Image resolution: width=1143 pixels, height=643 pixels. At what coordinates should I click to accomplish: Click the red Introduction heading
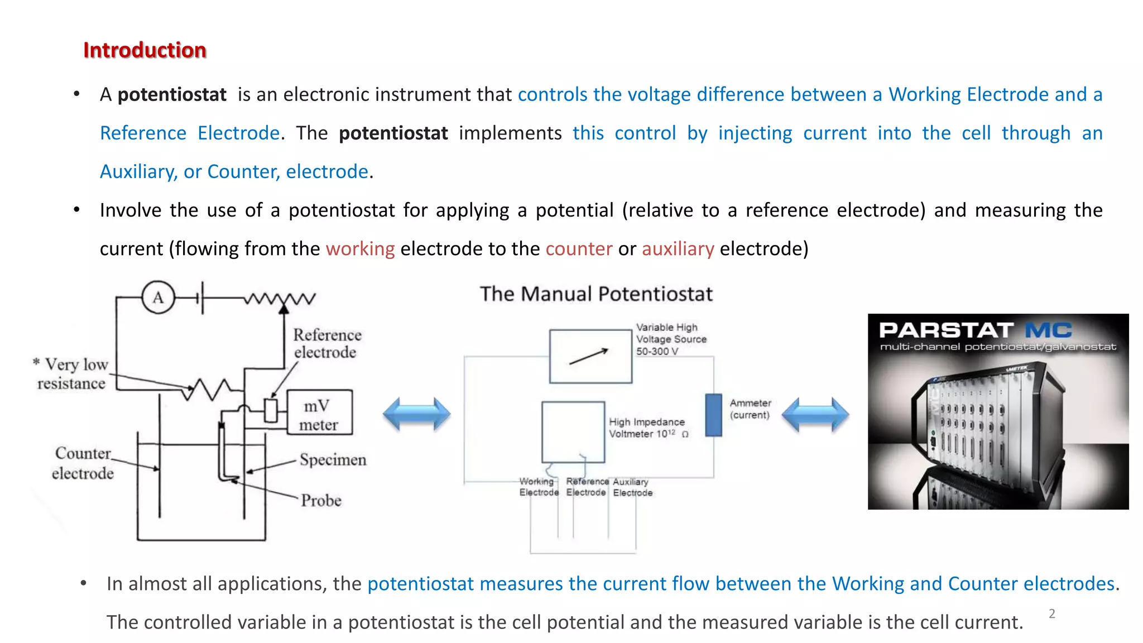click(145, 50)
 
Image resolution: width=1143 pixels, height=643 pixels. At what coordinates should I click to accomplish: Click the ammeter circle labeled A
click(158, 297)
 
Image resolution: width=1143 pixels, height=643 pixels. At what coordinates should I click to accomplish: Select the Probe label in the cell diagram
click(321, 500)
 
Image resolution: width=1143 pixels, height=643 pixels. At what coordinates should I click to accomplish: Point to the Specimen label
click(333, 459)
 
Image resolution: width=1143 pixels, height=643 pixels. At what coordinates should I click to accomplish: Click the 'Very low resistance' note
click(71, 373)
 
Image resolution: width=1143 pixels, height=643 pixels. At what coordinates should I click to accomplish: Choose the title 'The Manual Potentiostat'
click(596, 294)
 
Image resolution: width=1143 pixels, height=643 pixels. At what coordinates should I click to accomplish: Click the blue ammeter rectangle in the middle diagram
click(713, 415)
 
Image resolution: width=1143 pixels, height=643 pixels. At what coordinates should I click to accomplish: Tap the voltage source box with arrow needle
click(590, 356)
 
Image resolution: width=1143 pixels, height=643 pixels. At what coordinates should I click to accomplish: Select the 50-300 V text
click(657, 352)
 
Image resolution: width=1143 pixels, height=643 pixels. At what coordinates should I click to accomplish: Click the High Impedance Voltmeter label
click(647, 428)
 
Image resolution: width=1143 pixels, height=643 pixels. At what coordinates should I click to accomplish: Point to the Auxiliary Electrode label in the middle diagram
click(632, 487)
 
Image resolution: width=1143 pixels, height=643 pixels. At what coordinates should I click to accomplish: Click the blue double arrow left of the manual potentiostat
click(416, 414)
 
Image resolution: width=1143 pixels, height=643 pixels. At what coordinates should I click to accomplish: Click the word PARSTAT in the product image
click(945, 330)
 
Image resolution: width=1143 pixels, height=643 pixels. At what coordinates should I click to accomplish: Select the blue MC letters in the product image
click(1048, 330)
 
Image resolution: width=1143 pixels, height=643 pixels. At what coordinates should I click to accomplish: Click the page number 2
click(1051, 614)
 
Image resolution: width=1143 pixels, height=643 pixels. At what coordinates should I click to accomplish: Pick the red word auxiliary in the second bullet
click(678, 249)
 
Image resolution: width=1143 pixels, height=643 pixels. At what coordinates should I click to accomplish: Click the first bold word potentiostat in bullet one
click(172, 95)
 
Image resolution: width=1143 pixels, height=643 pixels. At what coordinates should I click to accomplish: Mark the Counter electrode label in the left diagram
click(83, 463)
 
